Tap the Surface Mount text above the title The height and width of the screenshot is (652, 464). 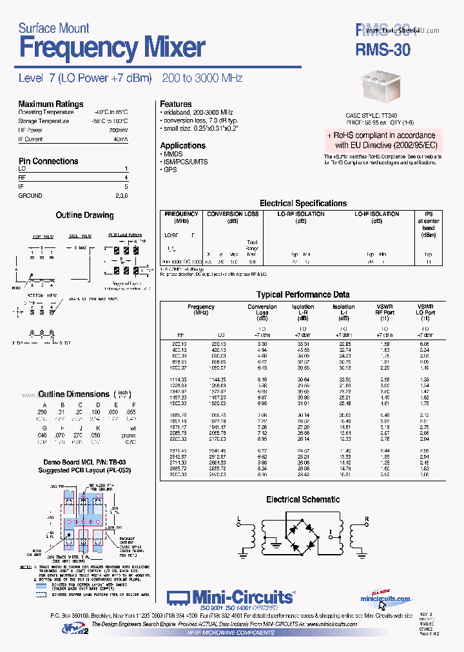pos(53,28)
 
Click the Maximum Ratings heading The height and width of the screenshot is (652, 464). pos(50,104)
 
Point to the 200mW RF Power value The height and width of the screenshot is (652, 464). pos(120,129)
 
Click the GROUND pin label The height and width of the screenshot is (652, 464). pos(30,195)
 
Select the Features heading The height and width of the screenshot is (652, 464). pos(175,104)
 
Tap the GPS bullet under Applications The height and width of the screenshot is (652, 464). pos(169,170)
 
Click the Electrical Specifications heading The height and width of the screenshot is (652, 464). pos(303,203)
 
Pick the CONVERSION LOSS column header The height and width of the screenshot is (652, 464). pos(233,214)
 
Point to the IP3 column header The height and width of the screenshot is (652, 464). pos(429,214)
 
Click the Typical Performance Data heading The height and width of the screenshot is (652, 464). pos(303,294)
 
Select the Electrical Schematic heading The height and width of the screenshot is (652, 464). pos(303,499)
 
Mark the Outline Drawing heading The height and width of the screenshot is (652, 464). pos(84,215)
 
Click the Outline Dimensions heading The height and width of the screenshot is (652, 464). pos(73,394)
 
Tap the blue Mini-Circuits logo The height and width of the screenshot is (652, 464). pos(230,597)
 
